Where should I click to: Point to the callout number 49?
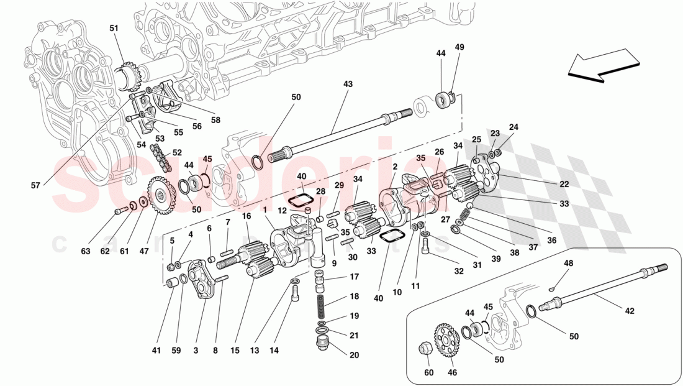coord(459,47)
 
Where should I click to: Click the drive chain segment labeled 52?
coord(162,159)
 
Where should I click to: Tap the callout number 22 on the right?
coord(564,184)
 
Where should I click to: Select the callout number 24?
coord(513,128)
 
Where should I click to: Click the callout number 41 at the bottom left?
coord(156,351)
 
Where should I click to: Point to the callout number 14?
coord(274,351)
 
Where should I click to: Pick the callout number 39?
coord(494,258)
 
